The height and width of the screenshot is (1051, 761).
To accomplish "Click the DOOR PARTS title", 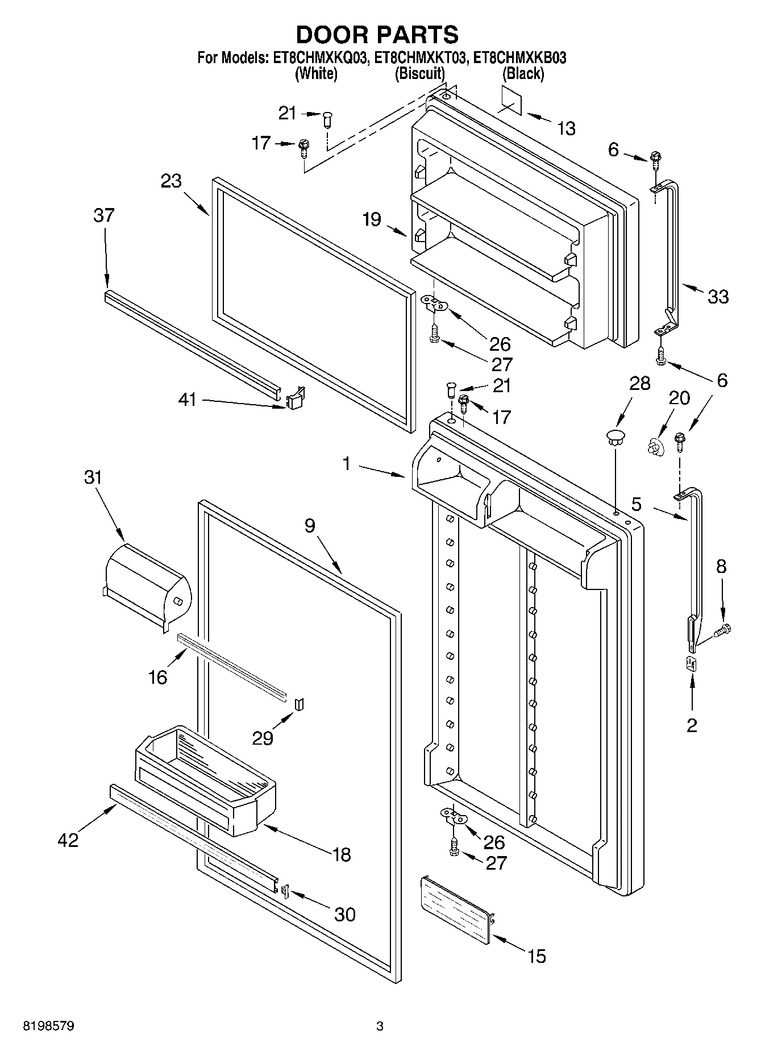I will (377, 35).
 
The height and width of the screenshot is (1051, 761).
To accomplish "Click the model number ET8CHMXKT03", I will (421, 57).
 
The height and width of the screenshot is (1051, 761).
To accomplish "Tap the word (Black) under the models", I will (523, 73).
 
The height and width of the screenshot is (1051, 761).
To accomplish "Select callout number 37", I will (104, 215).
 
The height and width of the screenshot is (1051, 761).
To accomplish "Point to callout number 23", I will (171, 181).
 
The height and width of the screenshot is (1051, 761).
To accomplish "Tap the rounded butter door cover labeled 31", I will (148, 583).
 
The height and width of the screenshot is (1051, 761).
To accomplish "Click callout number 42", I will (68, 840).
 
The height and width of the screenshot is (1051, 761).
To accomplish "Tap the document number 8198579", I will (49, 1026).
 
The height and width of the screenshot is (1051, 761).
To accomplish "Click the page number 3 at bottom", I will (380, 1026).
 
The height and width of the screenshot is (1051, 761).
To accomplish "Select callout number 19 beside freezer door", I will (372, 219).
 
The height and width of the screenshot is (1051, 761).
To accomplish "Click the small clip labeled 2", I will (692, 663).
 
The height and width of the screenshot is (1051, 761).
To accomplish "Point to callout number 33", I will (718, 296).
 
